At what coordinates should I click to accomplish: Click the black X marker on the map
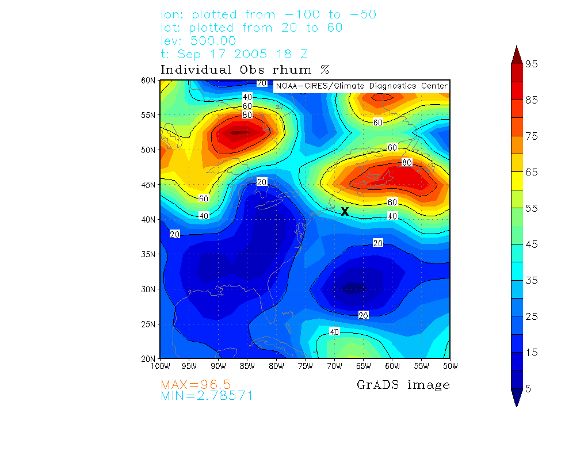coord(345,211)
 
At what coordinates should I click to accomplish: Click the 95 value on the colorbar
coord(532,64)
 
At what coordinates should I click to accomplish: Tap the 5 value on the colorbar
coord(529,389)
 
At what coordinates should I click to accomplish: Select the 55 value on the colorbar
coord(532,208)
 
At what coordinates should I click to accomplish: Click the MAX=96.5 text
coord(196,384)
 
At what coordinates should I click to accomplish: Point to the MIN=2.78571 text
coord(207,396)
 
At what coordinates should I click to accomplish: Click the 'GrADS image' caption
coord(403,385)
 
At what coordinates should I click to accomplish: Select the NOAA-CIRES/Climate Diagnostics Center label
coord(361,86)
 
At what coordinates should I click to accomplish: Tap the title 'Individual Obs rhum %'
coord(245,70)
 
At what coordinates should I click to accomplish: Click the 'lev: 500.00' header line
coord(199,41)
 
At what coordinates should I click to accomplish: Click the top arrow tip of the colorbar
coord(516,47)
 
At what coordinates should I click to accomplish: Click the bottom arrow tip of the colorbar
coord(516,405)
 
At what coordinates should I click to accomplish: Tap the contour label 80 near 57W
coord(407,163)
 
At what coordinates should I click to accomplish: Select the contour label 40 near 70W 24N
coord(334,332)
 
